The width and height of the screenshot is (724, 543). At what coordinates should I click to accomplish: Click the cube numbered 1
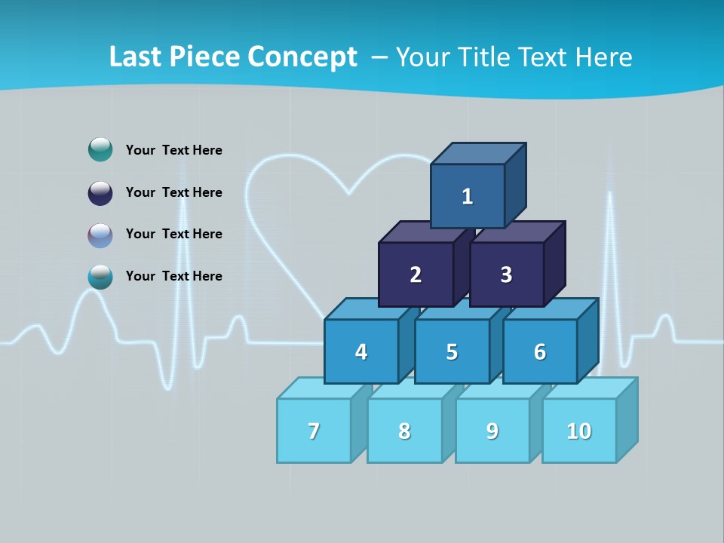[x=468, y=196]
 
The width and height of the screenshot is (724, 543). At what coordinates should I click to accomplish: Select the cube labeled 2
[x=416, y=275]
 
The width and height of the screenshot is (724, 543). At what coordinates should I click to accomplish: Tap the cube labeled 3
[x=506, y=275]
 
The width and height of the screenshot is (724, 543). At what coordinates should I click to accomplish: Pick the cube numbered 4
[x=361, y=351]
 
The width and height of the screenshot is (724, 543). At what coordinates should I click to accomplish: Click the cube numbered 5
[x=452, y=351]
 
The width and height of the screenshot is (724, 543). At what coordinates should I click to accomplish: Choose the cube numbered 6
[x=540, y=351]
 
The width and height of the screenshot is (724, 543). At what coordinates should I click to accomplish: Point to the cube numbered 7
[x=314, y=431]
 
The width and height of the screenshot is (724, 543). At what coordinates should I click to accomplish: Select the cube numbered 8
[x=404, y=431]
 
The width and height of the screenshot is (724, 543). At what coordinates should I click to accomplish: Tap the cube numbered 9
[x=492, y=431]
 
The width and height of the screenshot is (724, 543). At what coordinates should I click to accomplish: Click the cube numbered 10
[x=579, y=431]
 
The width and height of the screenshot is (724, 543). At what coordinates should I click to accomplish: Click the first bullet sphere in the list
[x=100, y=149]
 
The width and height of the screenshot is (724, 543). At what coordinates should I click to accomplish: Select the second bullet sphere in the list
[x=100, y=192]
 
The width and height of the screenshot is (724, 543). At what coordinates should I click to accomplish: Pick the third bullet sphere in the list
[x=100, y=235]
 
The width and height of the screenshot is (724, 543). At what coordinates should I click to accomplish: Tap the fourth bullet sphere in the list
[x=100, y=276]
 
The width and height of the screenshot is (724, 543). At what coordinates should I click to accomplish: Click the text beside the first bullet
[x=174, y=150]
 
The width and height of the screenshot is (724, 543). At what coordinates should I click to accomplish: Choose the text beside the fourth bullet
[x=174, y=276]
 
